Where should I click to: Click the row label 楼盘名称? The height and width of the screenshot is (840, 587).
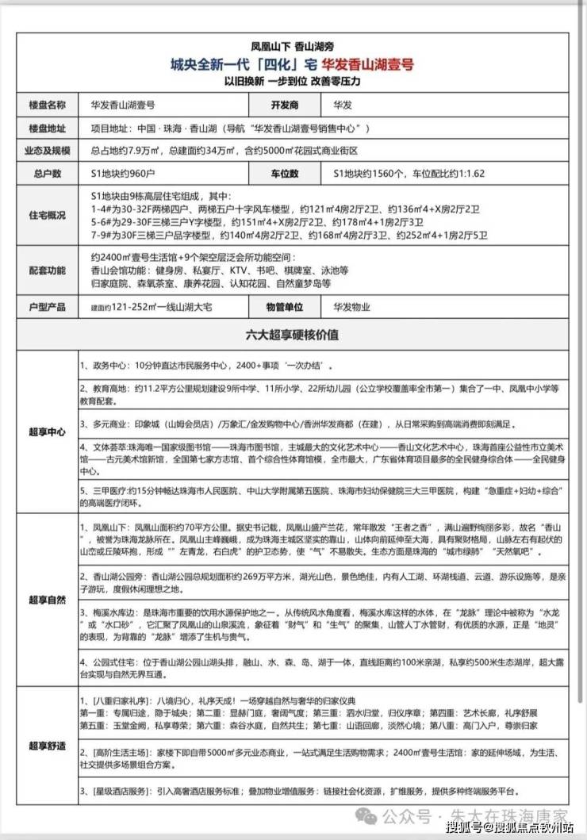click(47, 105)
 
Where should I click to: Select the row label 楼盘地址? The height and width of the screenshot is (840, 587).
click(47, 128)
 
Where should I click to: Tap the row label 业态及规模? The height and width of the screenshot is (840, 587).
click(47, 150)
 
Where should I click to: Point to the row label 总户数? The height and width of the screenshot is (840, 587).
click(47, 172)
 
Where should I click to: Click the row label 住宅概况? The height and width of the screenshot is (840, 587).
click(47, 216)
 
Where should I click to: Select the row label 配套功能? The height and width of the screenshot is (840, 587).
click(47, 270)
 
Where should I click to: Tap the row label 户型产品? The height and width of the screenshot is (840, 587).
click(47, 307)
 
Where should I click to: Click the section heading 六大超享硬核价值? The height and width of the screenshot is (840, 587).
click(293, 335)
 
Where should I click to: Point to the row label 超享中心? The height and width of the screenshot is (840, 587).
click(47, 432)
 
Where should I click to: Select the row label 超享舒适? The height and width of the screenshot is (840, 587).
click(47, 746)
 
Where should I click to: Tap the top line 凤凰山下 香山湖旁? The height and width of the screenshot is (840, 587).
click(293, 45)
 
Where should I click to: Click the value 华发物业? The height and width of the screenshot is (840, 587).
click(352, 307)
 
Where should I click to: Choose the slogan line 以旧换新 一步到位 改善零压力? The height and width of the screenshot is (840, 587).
click(293, 81)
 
